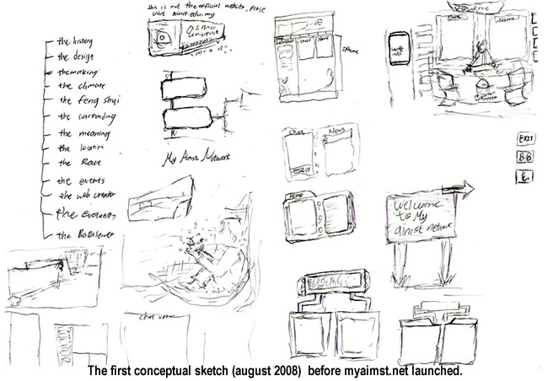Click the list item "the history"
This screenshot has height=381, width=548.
click(x=74, y=41)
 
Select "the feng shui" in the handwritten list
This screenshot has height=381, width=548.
click(x=84, y=100)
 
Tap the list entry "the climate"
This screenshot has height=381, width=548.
click(x=81, y=86)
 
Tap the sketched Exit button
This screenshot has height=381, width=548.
click(x=525, y=138)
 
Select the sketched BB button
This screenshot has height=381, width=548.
click(x=524, y=157)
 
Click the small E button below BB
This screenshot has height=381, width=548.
click(x=524, y=176)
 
